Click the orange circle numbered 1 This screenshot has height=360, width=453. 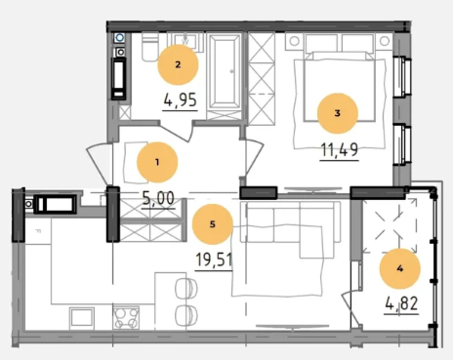point(157,162)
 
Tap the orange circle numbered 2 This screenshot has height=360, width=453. point(178,64)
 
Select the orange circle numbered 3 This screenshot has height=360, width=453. point(338,113)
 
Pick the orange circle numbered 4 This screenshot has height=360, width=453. point(400,268)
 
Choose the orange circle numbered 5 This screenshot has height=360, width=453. point(213,224)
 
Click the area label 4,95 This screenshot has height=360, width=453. point(181,100)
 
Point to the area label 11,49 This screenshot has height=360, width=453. point(340,149)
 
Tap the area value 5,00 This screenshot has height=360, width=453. point(158,198)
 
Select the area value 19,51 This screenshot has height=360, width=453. point(214,260)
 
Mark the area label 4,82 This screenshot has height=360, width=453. point(401,303)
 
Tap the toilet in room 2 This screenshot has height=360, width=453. point(149,47)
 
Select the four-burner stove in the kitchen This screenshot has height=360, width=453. point(126,318)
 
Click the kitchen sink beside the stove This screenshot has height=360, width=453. point(82,317)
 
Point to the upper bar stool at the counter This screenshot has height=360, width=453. point(186,288)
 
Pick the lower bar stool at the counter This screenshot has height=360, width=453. point(186,314)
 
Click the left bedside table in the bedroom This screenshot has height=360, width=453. point(295,41)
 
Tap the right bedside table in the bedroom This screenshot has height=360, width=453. point(385,41)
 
